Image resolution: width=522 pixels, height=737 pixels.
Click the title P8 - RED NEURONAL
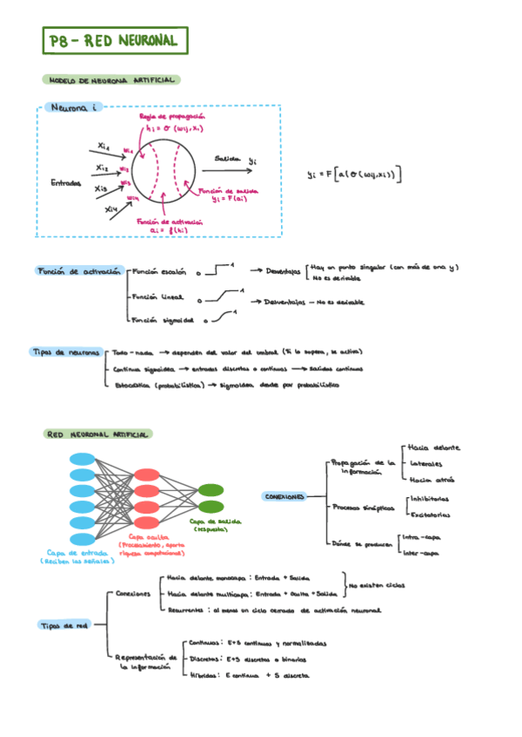pyautogui.click(x=113, y=41)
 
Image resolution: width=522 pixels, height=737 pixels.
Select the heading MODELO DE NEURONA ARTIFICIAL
pyautogui.click(x=110, y=80)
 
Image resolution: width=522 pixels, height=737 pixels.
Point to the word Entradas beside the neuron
pyautogui.click(x=66, y=183)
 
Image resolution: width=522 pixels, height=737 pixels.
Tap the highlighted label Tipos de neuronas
pyautogui.click(x=65, y=352)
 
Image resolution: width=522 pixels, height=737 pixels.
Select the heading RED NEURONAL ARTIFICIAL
pyautogui.click(x=97, y=434)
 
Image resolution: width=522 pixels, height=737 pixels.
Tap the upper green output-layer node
pyautogui.click(x=210, y=490)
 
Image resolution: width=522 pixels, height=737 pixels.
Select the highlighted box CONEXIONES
pyautogui.click(x=284, y=497)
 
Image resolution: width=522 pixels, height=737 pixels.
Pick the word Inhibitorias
pyautogui.click(x=429, y=499)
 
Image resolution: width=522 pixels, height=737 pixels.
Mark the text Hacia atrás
pyautogui.click(x=430, y=479)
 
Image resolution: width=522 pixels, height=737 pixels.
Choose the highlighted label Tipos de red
pyautogui.click(x=64, y=624)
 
